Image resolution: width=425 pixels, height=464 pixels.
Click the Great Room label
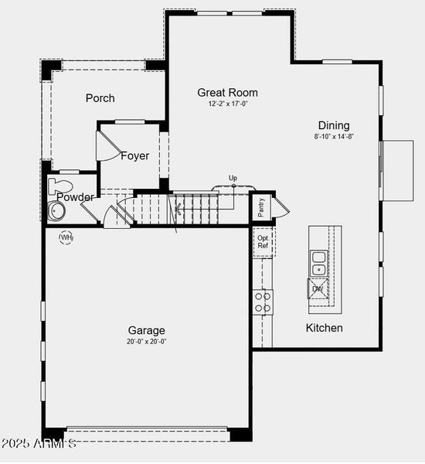point(227,93)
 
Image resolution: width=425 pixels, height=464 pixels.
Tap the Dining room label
point(334,125)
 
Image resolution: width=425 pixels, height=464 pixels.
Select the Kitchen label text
point(325,328)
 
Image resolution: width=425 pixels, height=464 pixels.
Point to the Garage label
point(147,331)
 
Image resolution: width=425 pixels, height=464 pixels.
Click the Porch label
point(100,98)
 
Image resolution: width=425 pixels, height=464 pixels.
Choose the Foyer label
point(134,156)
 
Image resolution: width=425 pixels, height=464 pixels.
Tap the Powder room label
point(76,197)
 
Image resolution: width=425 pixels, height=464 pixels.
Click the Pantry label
point(261,206)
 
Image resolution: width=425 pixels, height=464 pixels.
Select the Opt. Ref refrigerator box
point(263,242)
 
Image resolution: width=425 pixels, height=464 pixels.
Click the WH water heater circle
point(66,237)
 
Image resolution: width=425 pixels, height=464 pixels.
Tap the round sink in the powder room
point(56,212)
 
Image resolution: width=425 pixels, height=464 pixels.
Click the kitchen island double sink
point(318,263)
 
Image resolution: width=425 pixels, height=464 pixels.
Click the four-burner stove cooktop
point(263,302)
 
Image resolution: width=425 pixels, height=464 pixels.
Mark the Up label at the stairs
point(233,179)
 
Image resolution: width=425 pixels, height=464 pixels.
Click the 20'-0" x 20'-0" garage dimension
point(147,341)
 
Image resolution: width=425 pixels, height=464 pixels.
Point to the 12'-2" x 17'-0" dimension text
point(227,104)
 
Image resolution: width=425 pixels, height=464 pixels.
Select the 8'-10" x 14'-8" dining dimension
point(334,136)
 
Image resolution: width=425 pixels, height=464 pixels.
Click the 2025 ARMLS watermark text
point(39,444)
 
